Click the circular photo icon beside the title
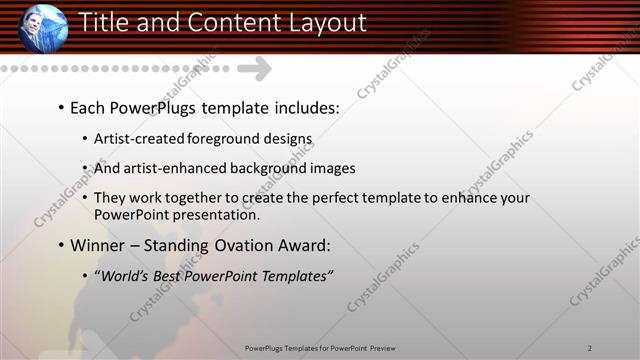pyautogui.click(x=43, y=27)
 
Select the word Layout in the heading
pyautogui.click(x=327, y=22)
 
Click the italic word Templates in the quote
pyautogui.click(x=291, y=276)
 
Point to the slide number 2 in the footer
pyautogui.click(x=590, y=347)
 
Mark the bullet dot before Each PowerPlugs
pyautogui.click(x=61, y=107)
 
